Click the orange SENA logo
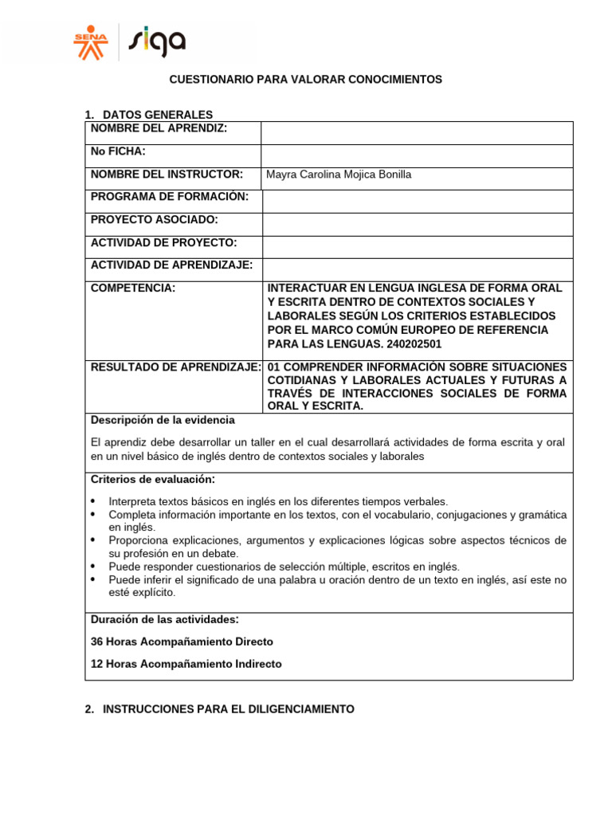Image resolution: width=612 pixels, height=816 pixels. click(88, 42)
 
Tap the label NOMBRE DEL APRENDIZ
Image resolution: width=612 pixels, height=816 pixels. click(159, 128)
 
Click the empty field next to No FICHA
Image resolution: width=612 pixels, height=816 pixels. click(417, 155)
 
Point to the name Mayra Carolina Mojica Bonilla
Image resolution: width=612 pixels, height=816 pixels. click(339, 175)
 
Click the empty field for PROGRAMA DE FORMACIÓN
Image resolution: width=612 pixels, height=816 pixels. click(417, 201)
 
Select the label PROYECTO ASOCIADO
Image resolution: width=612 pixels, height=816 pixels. click(155, 219)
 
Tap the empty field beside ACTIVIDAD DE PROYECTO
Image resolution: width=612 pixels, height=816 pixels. click(417, 247)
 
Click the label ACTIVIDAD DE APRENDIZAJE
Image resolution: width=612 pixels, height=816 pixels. click(171, 265)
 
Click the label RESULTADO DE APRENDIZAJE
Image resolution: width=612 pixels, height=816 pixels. click(176, 367)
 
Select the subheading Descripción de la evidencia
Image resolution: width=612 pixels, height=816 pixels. click(163, 420)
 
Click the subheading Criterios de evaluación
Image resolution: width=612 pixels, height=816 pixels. click(152, 479)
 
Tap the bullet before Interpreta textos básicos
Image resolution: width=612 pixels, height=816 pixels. click(93, 501)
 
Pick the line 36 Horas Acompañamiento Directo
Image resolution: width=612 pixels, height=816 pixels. click(182, 641)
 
